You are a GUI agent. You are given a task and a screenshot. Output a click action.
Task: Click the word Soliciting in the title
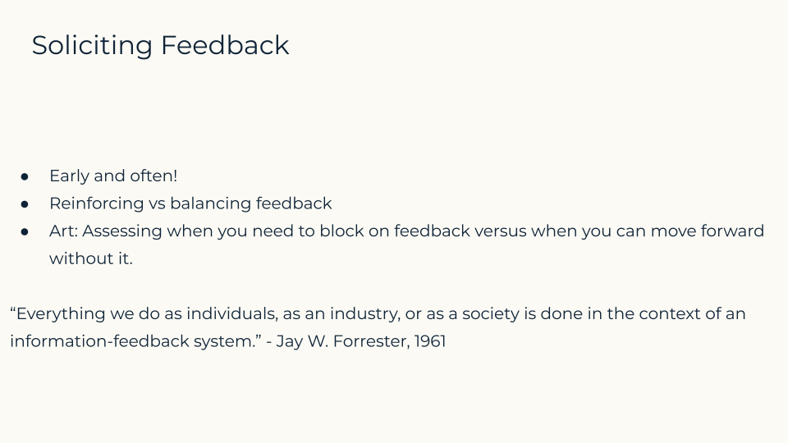click(x=92, y=46)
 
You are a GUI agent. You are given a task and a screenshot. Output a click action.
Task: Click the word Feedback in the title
click(x=225, y=44)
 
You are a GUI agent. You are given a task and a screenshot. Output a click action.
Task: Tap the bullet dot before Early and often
click(x=25, y=176)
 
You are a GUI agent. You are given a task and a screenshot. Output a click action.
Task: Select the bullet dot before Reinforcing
click(x=25, y=204)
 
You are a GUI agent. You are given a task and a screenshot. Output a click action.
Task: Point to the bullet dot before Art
click(x=25, y=231)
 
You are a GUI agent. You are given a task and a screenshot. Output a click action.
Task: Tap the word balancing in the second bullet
click(x=210, y=204)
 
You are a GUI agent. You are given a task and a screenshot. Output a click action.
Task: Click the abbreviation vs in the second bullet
click(x=157, y=204)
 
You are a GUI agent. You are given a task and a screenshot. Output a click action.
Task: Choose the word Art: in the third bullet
click(x=63, y=231)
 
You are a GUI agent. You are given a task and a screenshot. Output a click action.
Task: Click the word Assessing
click(x=122, y=231)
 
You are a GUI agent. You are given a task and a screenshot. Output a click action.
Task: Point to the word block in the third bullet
click(x=341, y=231)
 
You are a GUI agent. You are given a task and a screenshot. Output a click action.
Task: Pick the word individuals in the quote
click(x=232, y=314)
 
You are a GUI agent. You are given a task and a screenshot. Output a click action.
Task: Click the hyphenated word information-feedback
click(x=99, y=341)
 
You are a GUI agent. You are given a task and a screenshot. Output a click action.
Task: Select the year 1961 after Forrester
click(x=430, y=341)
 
